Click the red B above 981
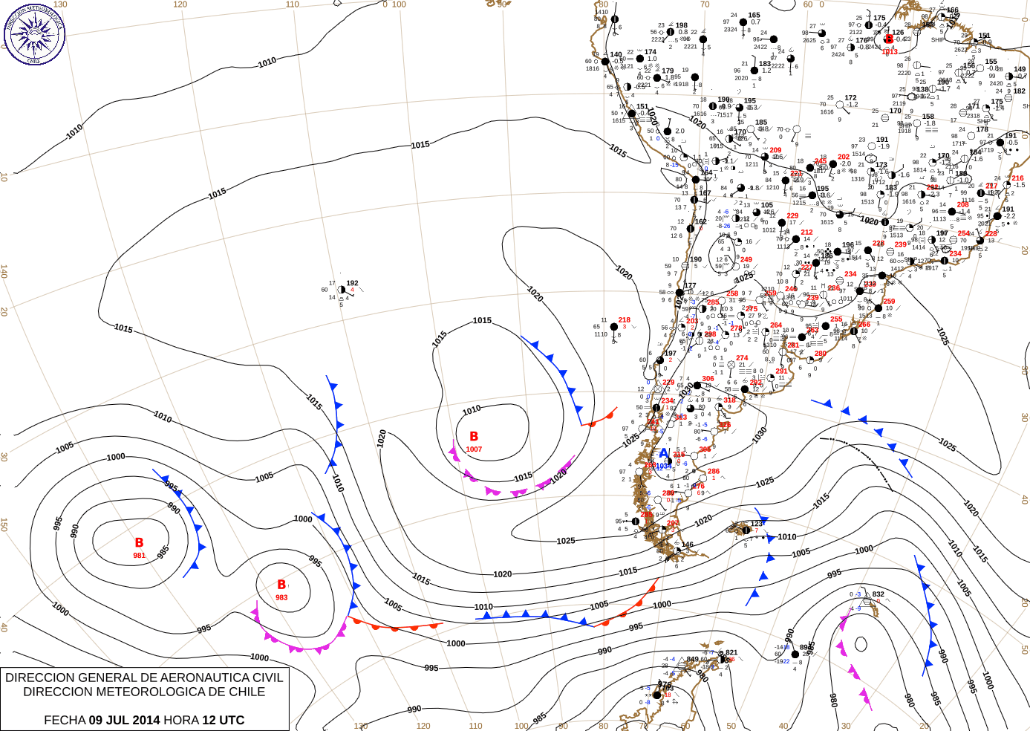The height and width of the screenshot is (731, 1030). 139,543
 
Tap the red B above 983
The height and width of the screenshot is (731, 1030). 281,585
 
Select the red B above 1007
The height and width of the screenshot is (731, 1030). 474,437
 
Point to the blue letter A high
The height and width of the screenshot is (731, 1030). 664,453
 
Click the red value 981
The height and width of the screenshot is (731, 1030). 140,556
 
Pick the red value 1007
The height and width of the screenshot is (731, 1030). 474,449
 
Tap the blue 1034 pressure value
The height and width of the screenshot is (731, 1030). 662,466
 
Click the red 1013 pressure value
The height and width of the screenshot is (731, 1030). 890,52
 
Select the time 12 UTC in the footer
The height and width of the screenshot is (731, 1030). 223,720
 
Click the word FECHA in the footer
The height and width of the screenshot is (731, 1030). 65,720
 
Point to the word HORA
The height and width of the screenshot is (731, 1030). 180,720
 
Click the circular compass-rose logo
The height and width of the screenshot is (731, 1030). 34,33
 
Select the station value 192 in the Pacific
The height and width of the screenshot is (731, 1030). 352,283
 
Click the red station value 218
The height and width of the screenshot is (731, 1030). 625,320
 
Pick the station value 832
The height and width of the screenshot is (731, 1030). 879,594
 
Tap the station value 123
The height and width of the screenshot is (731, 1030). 756,524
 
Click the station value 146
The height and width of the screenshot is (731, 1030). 688,545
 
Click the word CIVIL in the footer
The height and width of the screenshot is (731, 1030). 267,678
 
